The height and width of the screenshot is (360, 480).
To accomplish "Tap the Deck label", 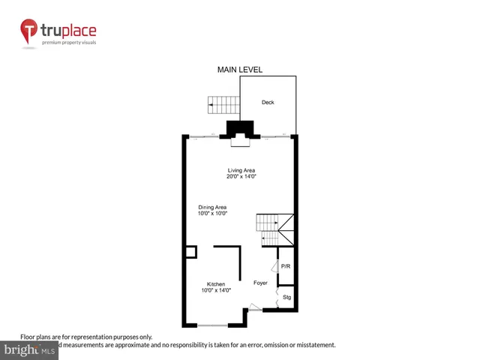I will click(x=268, y=102).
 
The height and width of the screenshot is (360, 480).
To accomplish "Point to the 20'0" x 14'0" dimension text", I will click(x=241, y=176).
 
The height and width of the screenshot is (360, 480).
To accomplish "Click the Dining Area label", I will click(x=212, y=207).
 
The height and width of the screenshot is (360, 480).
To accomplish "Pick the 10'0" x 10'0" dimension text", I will click(x=212, y=214).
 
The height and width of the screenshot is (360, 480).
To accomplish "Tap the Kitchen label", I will click(x=216, y=284).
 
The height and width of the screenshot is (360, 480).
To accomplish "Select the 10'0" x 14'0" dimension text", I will click(x=216, y=290).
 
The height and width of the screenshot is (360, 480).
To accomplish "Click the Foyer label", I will click(x=260, y=283).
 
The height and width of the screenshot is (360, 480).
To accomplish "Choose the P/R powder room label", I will click(x=285, y=267).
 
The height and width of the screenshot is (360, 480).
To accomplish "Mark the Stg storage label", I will click(x=286, y=298).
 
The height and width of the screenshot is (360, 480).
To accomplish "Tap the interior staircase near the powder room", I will click(x=273, y=229).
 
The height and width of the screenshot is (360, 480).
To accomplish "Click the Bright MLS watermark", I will click(x=29, y=349).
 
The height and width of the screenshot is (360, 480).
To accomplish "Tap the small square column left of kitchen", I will click(x=191, y=252).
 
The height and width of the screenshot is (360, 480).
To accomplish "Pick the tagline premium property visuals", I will click(x=69, y=43).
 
